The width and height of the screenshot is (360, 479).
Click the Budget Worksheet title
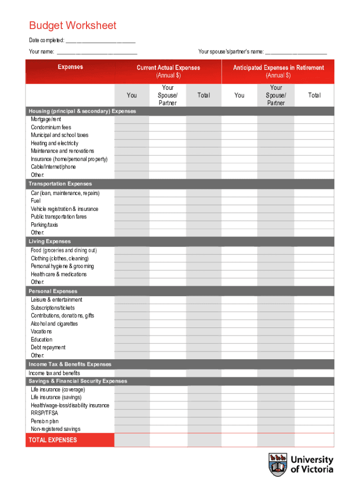coord(72,26)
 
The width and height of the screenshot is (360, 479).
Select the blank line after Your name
coord(97,52)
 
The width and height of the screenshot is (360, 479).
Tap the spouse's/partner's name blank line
coord(296,52)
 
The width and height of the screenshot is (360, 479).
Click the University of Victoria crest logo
coord(278,464)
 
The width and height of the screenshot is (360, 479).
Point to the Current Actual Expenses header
coord(168,68)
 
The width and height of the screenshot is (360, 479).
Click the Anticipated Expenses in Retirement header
coord(278,68)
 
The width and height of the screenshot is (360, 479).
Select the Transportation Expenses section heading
coord(60,184)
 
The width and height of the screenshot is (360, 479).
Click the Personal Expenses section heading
coord(53,291)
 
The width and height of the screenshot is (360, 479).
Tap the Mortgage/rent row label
coord(46,119)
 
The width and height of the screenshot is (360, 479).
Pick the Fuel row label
coord(36,201)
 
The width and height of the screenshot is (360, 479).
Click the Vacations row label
coord(42,332)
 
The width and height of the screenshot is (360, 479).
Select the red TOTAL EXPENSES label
coord(53,440)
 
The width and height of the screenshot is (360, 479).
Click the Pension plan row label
coord(45,421)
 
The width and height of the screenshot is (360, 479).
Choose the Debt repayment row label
coord(48,348)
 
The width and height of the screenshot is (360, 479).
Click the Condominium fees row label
coord(51,127)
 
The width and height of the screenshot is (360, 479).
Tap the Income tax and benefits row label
coord(54,373)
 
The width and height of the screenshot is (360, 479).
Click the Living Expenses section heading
coord(50,241)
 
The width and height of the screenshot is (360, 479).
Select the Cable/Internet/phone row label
coord(53,167)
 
